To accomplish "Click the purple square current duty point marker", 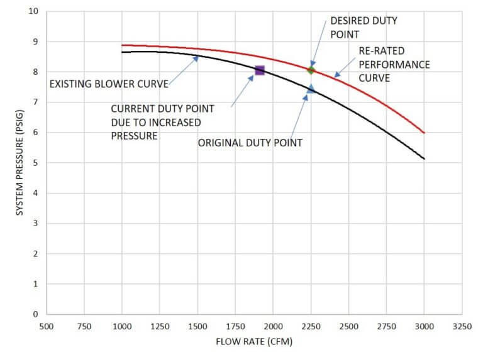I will pos(260,70).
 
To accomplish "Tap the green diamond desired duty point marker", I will pos(311,70).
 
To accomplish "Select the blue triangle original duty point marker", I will pos(311,89).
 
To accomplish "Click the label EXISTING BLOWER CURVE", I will pos(109,83).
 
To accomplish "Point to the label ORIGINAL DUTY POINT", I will pos(250,143).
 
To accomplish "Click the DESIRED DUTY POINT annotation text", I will pos(364,26).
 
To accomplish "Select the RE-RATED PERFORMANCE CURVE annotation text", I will pos(394,65).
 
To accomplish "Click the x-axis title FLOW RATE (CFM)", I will pos(254,342).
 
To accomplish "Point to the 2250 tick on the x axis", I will pos(311,327).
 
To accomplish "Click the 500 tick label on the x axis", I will pos(47,327).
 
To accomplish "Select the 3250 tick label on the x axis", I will pos(462,327).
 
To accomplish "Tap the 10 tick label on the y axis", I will pos(34,11).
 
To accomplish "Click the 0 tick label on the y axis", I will pos(36,314).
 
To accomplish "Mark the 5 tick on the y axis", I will pos(36,163).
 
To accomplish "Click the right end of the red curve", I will pos(424,133).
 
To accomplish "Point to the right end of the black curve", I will pos(424,158).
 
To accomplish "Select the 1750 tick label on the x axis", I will pos(235,327).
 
